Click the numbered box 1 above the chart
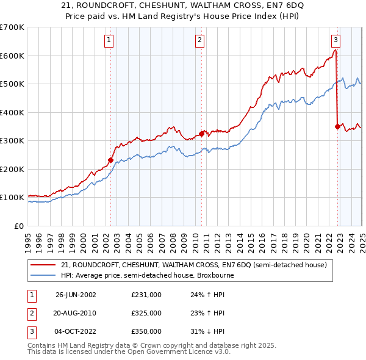pos(109,41)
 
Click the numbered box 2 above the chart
pos(200,41)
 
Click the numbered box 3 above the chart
pos(336,41)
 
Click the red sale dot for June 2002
pos(111,160)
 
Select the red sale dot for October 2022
pos(337,127)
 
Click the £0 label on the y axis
pos(19,226)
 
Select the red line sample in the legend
pos(44,265)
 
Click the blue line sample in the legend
pos(44,275)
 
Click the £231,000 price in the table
pos(146,294)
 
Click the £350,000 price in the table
pos(146,331)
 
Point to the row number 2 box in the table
pos(30,313)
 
